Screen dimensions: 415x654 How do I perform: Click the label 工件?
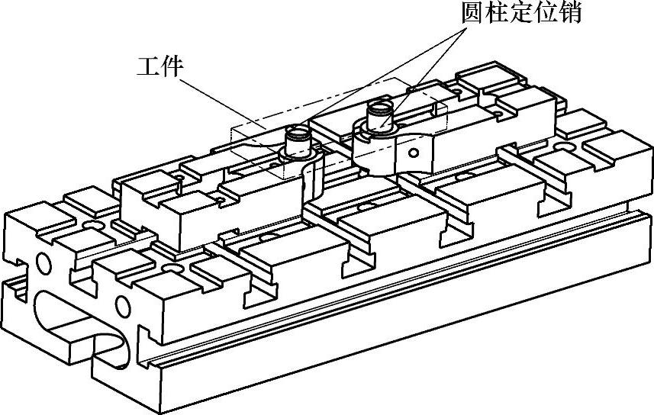click(159, 67)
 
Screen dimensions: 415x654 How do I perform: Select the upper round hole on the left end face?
click(43, 265)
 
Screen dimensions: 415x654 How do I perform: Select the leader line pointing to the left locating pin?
click(382, 76)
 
